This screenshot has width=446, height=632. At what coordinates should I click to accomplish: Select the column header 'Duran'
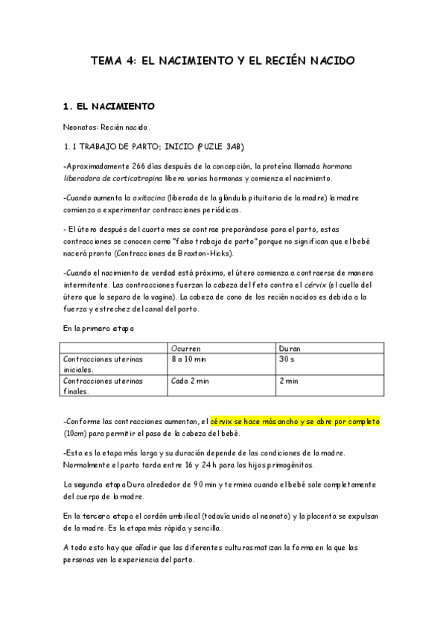point(289,348)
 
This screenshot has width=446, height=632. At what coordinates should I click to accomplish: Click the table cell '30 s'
point(286,358)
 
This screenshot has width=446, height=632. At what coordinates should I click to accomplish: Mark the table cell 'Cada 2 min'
point(191,381)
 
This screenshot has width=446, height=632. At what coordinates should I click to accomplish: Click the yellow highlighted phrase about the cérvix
point(295,421)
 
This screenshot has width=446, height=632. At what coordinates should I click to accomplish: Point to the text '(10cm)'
point(76,434)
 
